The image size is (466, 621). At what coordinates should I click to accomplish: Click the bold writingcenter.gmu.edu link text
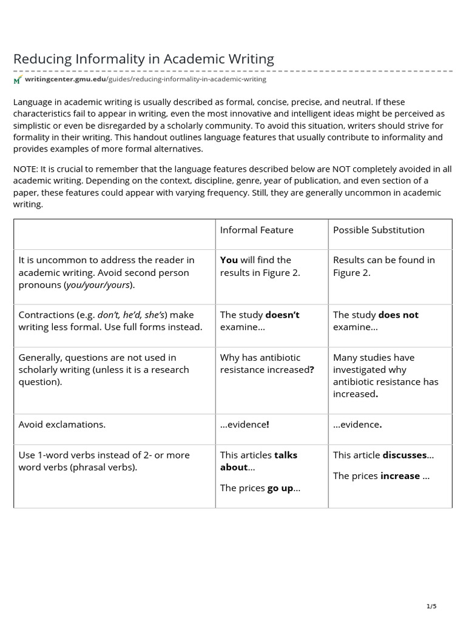click(65, 79)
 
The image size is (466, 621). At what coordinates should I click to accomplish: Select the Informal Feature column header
click(256, 230)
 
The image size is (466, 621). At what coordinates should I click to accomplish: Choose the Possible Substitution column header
click(379, 230)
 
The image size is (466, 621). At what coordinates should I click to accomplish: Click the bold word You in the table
click(229, 260)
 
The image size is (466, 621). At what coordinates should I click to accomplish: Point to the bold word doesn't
click(282, 315)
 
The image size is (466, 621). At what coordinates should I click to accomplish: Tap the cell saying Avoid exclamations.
click(62, 425)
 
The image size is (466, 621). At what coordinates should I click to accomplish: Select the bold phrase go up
click(280, 488)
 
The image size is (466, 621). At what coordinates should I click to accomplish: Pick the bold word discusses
click(404, 455)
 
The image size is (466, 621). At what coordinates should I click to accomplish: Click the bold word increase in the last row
click(400, 476)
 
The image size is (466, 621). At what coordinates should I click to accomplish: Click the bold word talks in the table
click(285, 455)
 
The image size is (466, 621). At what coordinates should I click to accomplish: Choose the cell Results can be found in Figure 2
click(383, 266)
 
